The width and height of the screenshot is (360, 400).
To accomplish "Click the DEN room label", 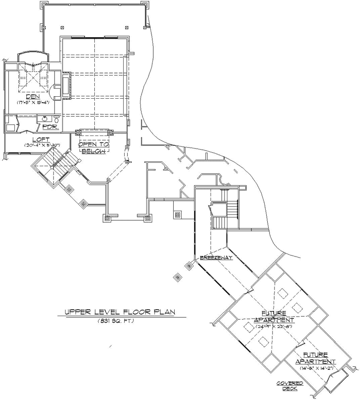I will [x=33, y=96].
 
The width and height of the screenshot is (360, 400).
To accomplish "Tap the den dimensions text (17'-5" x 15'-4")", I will [x=33, y=103].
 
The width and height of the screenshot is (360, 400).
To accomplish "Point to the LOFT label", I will [x=35, y=139].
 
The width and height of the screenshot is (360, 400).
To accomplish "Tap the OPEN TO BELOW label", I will [x=93, y=147].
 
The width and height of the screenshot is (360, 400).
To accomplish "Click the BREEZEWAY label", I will [x=216, y=258].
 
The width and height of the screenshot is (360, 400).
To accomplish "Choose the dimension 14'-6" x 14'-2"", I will [x=315, y=368].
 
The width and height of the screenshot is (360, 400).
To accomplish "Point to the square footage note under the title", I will [x=116, y=322].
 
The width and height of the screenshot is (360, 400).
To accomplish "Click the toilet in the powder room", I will [x=57, y=120].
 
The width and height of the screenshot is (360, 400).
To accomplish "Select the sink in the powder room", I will [x=45, y=119].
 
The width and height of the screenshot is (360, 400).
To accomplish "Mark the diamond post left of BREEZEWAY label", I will [x=190, y=266].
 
